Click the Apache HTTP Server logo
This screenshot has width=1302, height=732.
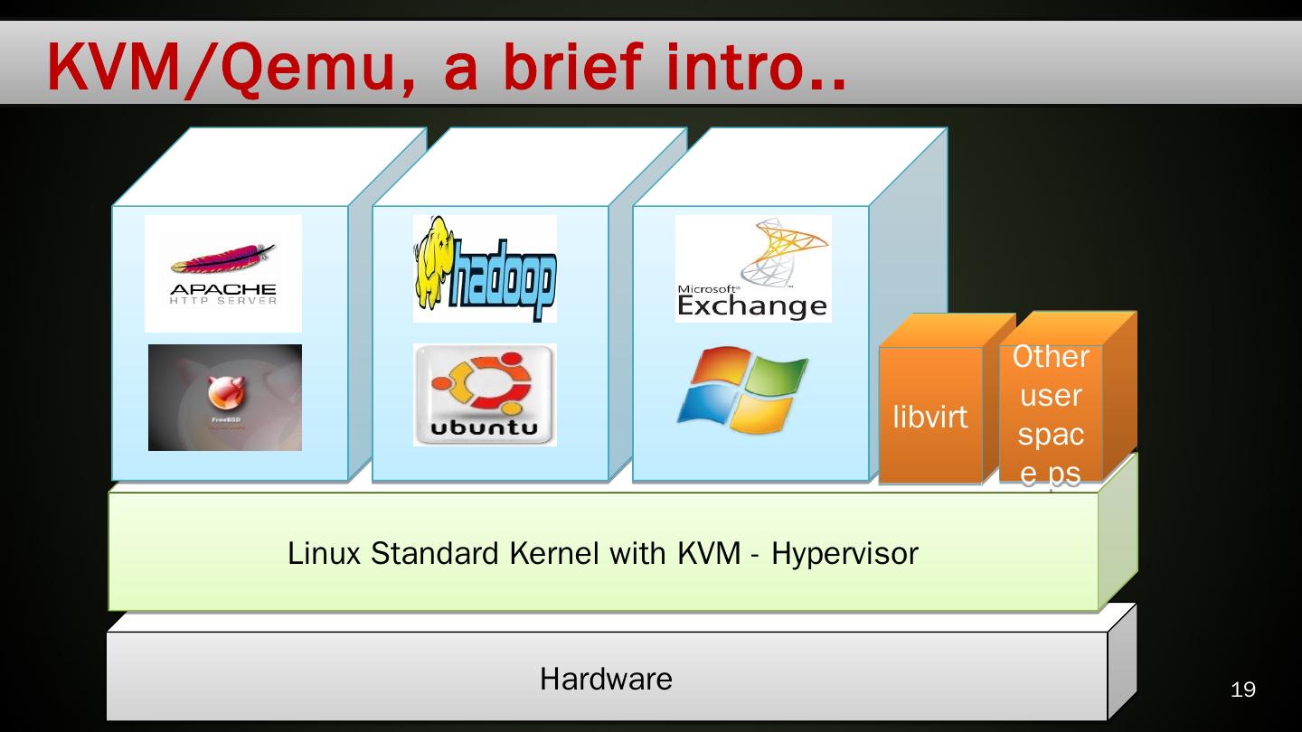click(222, 273)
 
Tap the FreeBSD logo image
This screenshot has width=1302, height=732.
click(224, 397)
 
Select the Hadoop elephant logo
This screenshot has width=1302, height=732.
click(485, 268)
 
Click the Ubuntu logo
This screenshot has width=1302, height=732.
click(485, 394)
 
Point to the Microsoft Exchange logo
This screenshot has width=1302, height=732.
click(752, 268)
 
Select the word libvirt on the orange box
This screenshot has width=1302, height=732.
click(929, 417)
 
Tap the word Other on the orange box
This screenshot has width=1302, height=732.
click(1050, 356)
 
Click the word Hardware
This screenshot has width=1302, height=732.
click(606, 678)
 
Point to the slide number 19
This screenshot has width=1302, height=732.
click(1243, 690)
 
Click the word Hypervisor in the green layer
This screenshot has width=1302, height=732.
click(844, 553)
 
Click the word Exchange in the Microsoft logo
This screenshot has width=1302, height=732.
click(751, 306)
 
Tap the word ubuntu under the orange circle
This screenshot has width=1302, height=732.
click(484, 427)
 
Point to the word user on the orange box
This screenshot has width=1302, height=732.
click(1050, 396)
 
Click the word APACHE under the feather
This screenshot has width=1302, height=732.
click(222, 289)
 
